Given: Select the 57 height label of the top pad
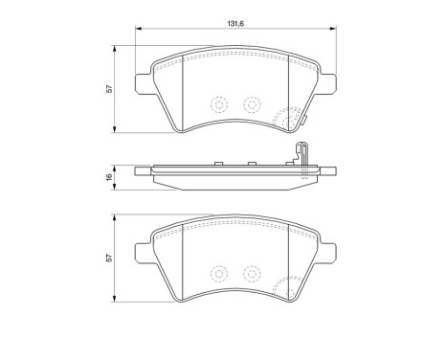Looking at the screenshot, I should (x=109, y=89).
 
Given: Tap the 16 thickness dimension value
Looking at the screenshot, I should (x=109, y=176).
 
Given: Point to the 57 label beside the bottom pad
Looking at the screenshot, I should (x=109, y=259).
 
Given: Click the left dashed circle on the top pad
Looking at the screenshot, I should (x=218, y=106).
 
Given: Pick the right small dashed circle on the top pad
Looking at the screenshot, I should (x=253, y=105).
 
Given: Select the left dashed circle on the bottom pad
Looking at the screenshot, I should (x=218, y=273).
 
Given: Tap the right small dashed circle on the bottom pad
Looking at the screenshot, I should (x=253, y=272).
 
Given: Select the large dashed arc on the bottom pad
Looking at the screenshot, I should (x=288, y=285).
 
